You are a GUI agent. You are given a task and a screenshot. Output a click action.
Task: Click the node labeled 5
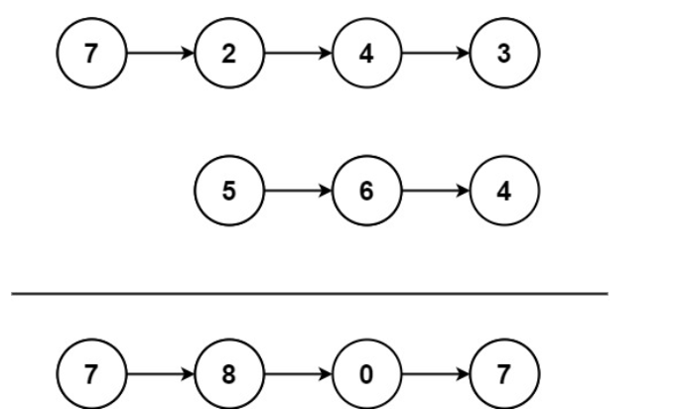[229, 192]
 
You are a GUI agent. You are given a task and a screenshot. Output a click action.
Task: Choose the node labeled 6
[367, 192]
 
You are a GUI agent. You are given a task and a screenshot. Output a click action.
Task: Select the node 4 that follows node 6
[505, 192]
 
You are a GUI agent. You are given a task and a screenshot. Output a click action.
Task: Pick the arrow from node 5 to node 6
[298, 192]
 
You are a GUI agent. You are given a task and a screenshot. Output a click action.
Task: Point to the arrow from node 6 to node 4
[436, 192]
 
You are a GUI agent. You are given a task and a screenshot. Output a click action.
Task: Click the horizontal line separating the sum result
[308, 293]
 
